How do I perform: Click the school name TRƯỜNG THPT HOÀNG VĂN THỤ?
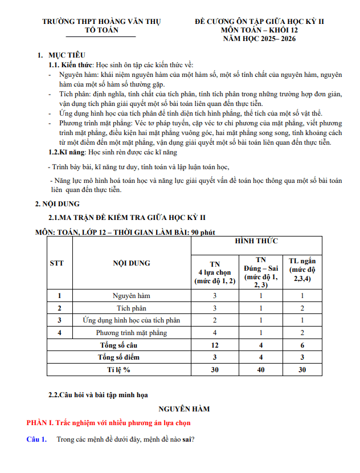pos(101,22)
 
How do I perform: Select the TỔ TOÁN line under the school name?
pos(101,30)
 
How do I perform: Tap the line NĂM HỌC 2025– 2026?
pos(259,39)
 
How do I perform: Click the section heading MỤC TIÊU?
pos(67,55)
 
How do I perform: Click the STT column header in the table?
pos(57,263)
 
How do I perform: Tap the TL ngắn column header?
pos(302,269)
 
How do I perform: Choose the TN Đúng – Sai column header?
pos(261,272)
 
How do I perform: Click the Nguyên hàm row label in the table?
pos(132,296)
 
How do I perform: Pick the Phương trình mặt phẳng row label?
pos(132,333)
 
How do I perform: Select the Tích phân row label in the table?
pos(132,308)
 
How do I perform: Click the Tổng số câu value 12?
pos(215,345)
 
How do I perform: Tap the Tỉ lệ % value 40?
pos(261,370)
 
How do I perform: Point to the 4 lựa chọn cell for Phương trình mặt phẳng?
pos(215,333)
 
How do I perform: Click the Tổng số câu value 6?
pos(302,345)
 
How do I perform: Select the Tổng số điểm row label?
pos(119,357)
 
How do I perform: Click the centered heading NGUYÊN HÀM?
pos(184,409)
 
